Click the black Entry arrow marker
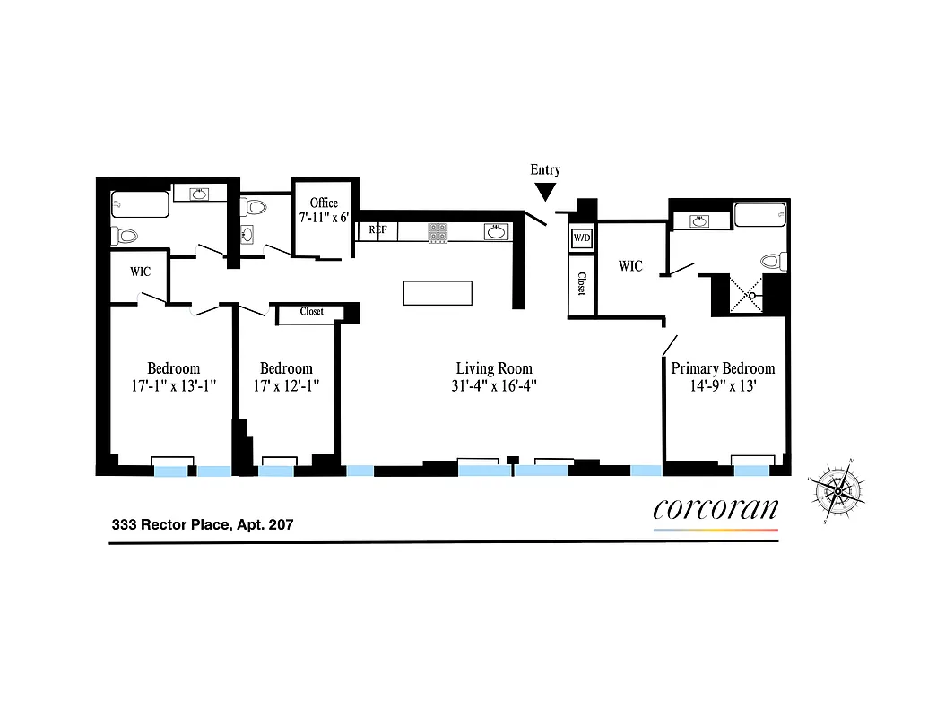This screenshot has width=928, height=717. coord(545,191)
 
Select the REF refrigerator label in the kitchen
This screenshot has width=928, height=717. coord(377,230)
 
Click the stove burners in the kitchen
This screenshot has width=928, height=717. coord(438,232)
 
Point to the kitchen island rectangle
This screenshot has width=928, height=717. coord(438,293)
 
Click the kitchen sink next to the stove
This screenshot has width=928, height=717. coord(495,231)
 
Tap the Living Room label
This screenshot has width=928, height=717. coord(494,368)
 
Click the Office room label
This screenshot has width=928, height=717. coord(324,203)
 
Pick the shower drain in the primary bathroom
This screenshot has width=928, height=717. coord(753,295)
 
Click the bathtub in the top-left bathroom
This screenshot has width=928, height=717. coord(140,205)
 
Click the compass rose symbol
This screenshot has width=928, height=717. coord(837,491)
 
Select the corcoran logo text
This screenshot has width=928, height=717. coord(716,509)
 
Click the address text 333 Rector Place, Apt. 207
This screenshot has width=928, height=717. coord(202,525)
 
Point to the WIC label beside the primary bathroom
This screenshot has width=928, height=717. coord(630,266)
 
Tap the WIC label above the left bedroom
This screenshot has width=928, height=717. coord(140,271)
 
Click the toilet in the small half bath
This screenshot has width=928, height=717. coord(256,208)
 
